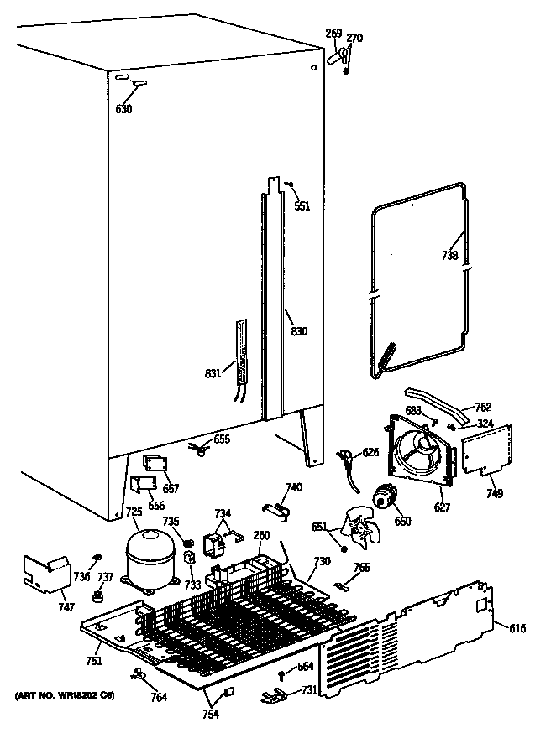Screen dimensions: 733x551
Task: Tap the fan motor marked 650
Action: point(385,499)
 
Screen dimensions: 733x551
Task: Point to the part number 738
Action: point(449,256)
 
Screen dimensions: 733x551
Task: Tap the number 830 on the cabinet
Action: point(299,331)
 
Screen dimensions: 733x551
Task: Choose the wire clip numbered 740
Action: point(275,507)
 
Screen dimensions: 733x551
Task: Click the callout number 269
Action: point(333,34)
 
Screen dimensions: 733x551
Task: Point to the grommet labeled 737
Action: point(98,595)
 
